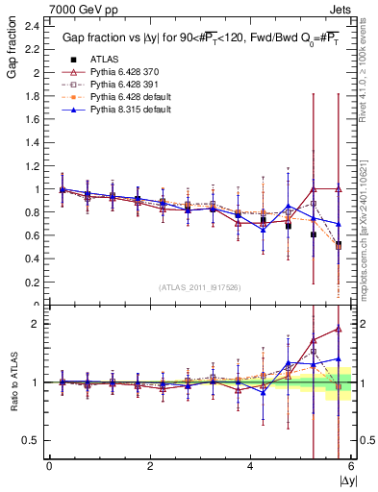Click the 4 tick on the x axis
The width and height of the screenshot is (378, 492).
[251, 466]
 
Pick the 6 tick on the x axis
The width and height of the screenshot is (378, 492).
[351, 466]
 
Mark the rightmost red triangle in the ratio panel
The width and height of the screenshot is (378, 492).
[337, 329]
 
